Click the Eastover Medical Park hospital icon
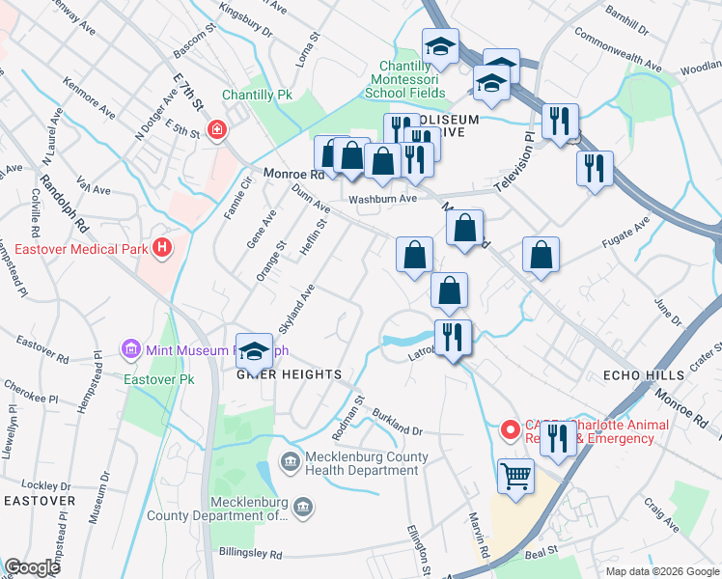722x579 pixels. [x=162, y=248]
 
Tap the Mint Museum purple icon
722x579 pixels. [x=130, y=348]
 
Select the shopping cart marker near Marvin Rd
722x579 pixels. [x=515, y=475]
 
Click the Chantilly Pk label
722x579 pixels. [x=257, y=95]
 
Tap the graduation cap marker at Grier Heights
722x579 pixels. [x=254, y=350]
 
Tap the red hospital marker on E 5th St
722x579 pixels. [x=216, y=129]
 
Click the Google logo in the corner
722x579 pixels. [x=32, y=567]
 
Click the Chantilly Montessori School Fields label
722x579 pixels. [x=405, y=79]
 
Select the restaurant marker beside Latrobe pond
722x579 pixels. [x=453, y=338]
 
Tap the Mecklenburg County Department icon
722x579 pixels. [x=302, y=508]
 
